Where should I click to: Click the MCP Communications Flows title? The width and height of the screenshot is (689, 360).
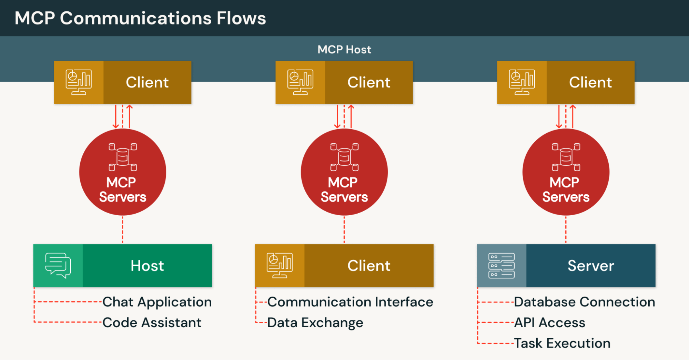140,18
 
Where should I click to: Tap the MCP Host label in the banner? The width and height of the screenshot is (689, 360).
344,50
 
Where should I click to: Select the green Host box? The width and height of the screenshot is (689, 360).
147,266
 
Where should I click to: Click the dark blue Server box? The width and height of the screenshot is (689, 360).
590,266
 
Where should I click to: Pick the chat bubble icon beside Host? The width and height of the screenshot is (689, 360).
58,266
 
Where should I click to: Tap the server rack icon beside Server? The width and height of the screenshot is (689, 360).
501,266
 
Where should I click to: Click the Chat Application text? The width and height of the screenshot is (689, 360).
157,302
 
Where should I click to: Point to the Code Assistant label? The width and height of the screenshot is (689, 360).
152,323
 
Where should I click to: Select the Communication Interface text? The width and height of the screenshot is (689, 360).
350,302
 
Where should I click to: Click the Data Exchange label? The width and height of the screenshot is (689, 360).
315,323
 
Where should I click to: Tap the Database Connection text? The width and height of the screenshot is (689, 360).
584,302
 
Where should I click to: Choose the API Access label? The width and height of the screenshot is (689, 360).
549,323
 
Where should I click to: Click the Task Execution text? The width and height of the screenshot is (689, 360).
562,343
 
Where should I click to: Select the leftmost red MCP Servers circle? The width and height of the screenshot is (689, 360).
123,172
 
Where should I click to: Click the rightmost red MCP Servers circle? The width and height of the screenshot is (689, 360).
566,172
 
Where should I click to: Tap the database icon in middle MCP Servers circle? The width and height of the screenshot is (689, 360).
344,157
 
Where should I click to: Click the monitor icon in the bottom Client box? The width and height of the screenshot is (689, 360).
280,266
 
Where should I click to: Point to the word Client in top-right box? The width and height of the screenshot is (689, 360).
590,82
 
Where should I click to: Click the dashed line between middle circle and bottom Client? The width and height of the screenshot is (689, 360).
344,229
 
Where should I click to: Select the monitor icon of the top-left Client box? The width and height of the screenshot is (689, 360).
79,82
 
